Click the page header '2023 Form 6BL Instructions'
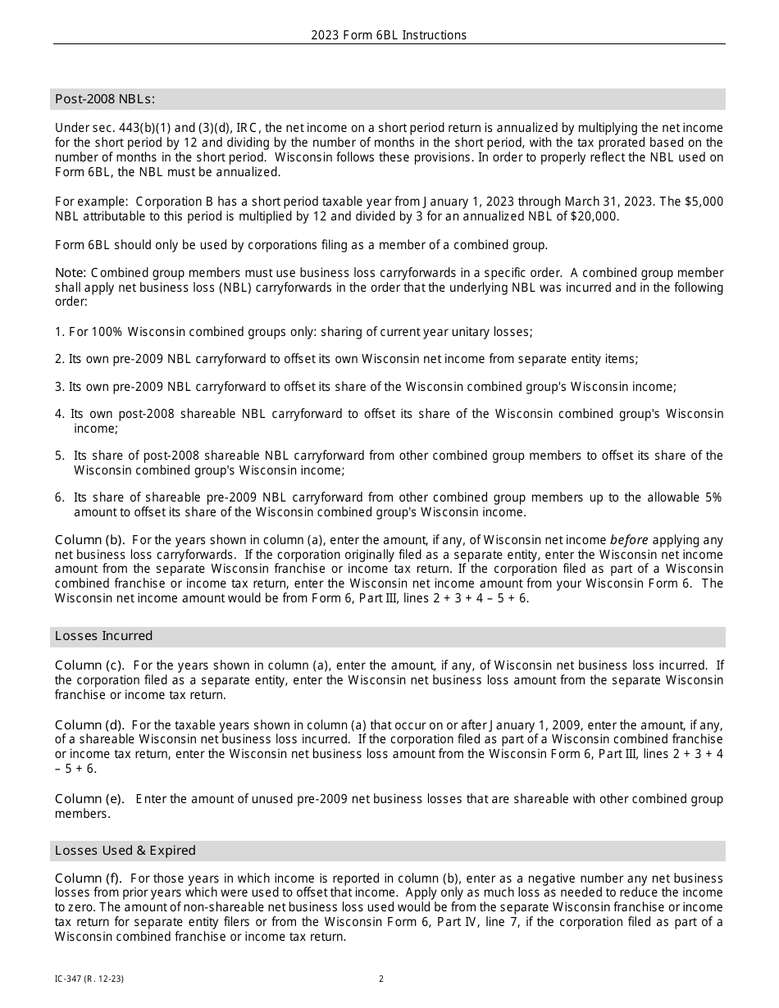389,35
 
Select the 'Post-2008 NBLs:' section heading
104,99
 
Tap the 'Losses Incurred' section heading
103,636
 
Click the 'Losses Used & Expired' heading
125,851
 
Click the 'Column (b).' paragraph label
89,540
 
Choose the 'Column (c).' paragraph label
89,665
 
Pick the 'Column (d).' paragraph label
89,724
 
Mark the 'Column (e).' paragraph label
89,799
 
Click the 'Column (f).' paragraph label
89,879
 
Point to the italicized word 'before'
628,540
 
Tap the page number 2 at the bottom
381,978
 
